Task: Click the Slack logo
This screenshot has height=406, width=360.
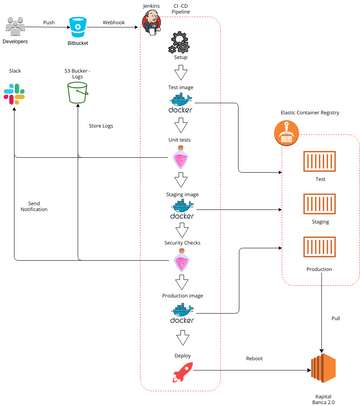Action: tap(16, 94)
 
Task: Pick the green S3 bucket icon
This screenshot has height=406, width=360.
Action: tap(78, 94)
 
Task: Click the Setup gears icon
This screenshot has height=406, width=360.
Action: tap(181, 44)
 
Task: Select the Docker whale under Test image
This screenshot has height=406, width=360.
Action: tap(181, 104)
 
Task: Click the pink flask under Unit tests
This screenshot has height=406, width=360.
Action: tap(181, 158)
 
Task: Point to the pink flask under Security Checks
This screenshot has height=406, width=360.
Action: tap(181, 262)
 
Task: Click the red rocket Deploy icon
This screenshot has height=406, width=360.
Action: tap(181, 372)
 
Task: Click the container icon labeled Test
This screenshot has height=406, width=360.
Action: tap(320, 162)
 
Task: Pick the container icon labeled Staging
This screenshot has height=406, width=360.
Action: tap(320, 205)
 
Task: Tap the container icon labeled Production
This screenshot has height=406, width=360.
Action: tap(320, 248)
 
